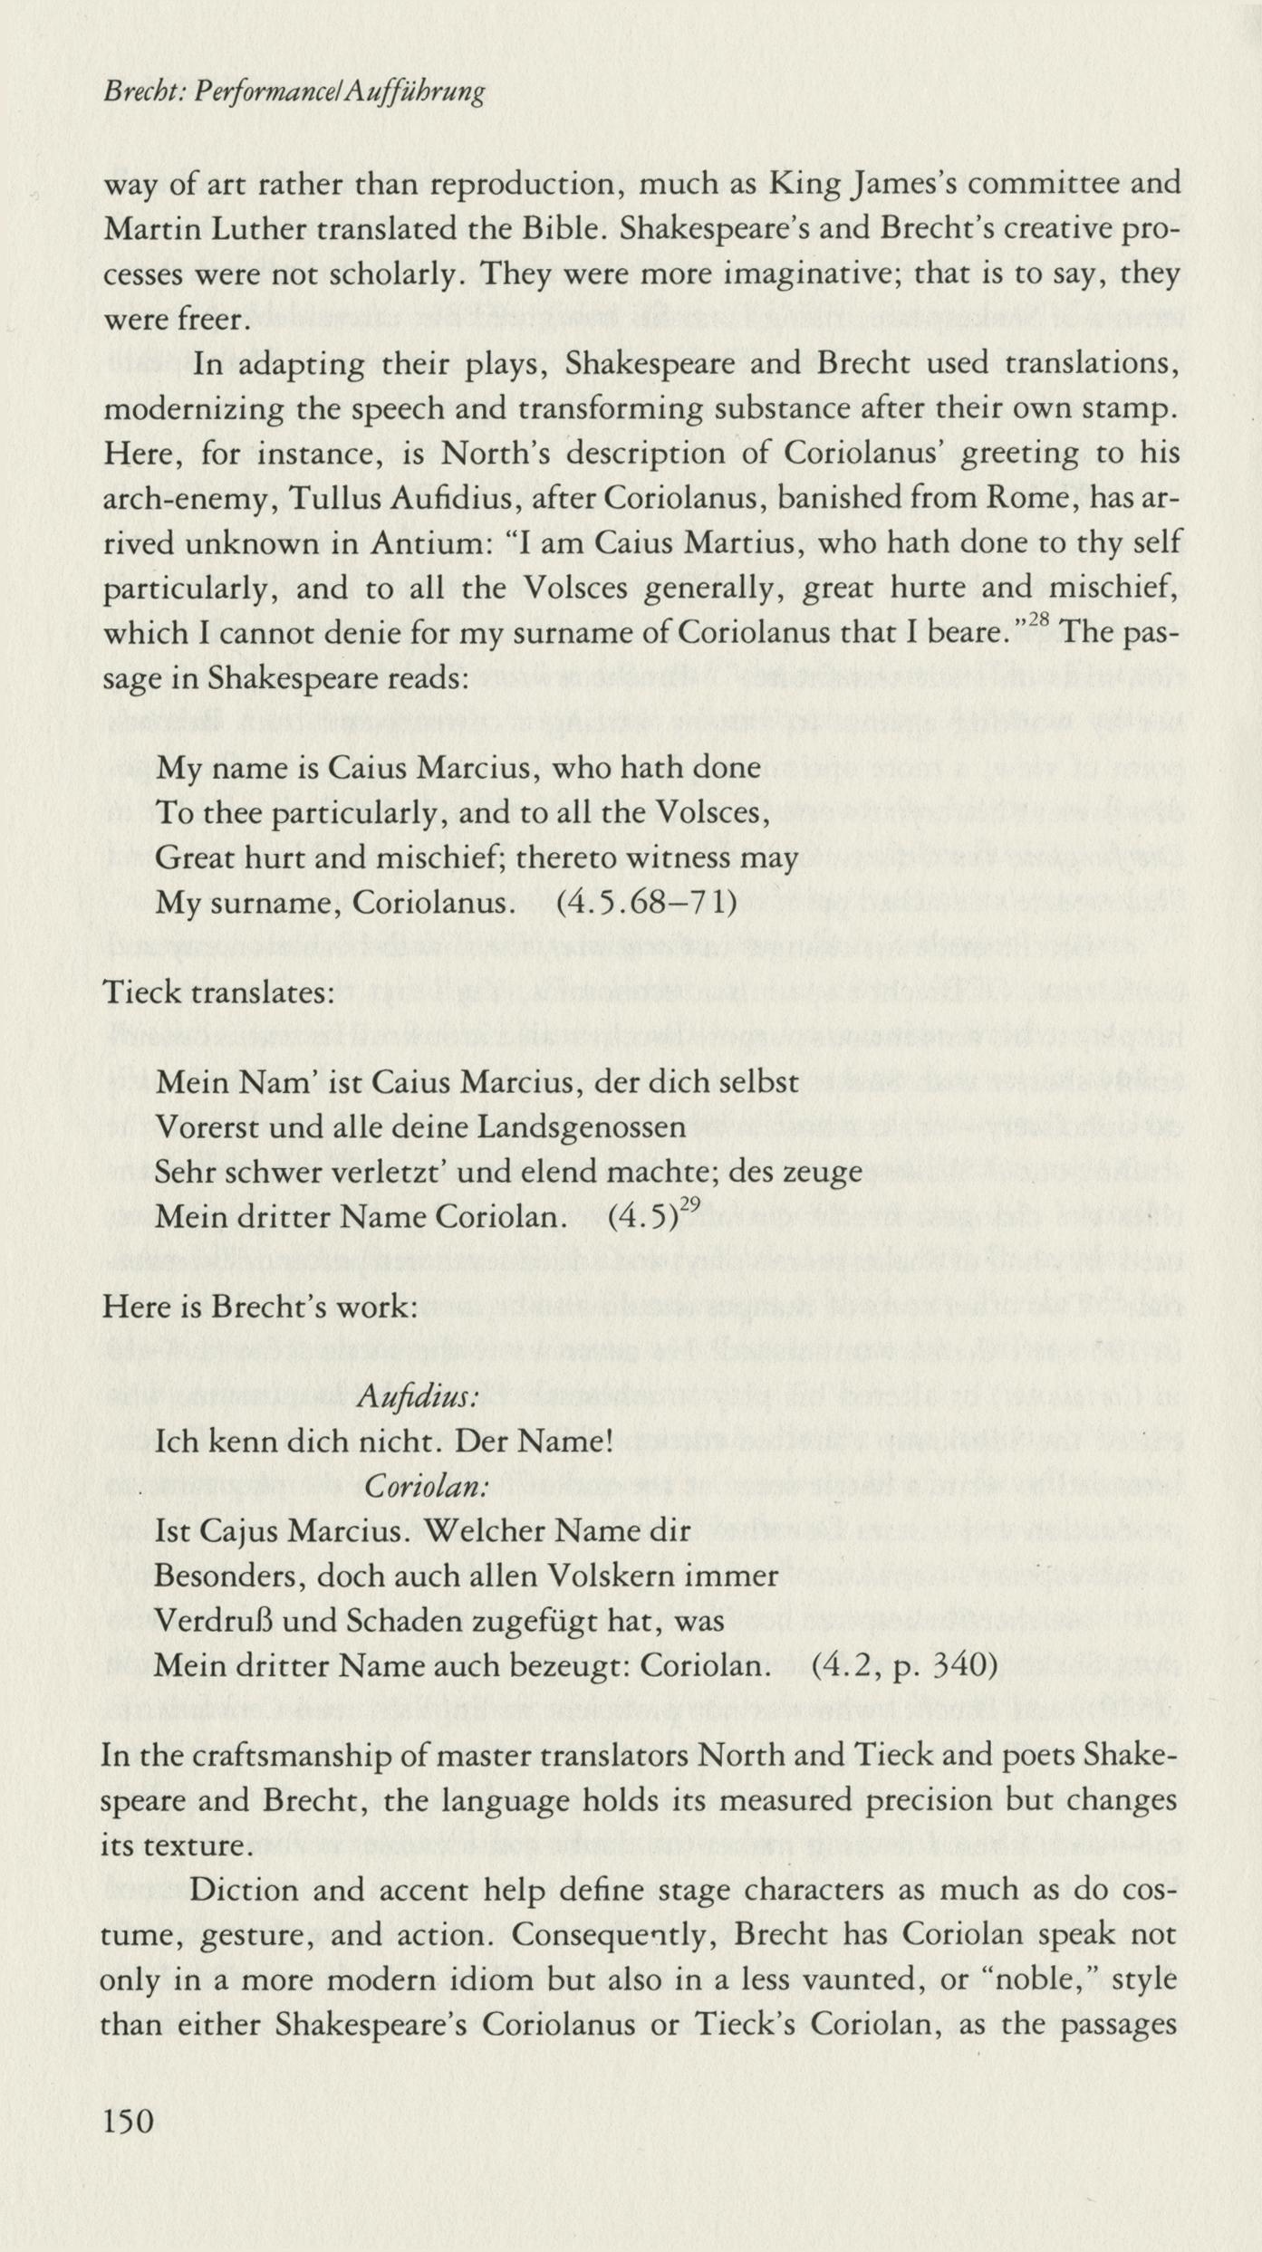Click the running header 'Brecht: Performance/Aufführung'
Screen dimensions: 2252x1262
tap(294, 91)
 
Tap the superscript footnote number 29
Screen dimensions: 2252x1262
tap(690, 1203)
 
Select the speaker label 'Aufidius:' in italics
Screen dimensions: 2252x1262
tap(418, 1395)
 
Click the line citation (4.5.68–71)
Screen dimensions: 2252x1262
tap(646, 903)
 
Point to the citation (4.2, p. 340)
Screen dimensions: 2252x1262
tap(904, 1665)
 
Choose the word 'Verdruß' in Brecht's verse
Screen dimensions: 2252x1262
tap(213, 1620)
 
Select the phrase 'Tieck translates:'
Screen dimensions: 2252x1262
tap(218, 992)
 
